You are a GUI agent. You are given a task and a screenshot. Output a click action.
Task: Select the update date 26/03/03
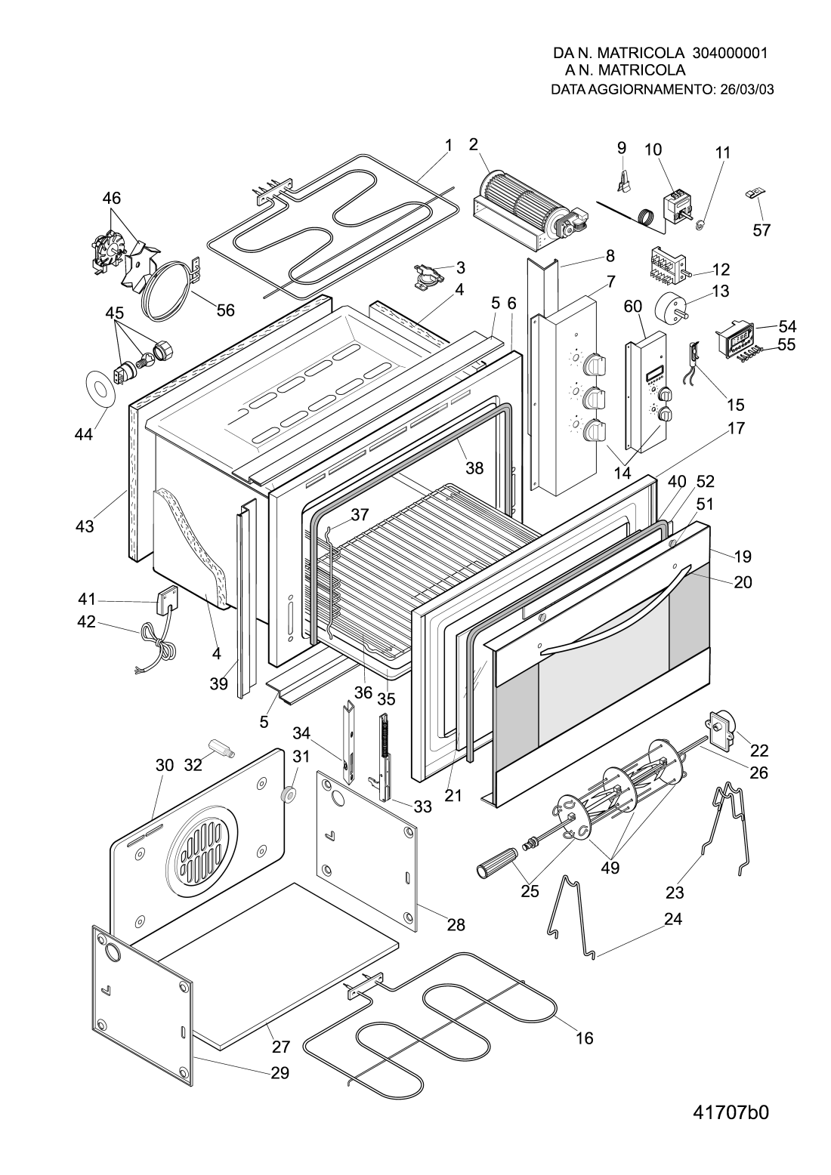747,89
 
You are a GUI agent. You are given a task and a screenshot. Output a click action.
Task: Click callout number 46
111,199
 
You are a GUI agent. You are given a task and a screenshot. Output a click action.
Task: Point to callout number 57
761,230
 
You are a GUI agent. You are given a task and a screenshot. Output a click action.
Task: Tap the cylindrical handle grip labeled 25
496,863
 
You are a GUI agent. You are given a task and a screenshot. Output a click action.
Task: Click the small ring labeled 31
287,794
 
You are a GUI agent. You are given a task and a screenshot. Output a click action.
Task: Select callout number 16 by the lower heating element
584,1038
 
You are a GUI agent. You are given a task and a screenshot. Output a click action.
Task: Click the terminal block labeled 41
165,602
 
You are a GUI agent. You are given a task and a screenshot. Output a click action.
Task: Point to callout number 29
280,1072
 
